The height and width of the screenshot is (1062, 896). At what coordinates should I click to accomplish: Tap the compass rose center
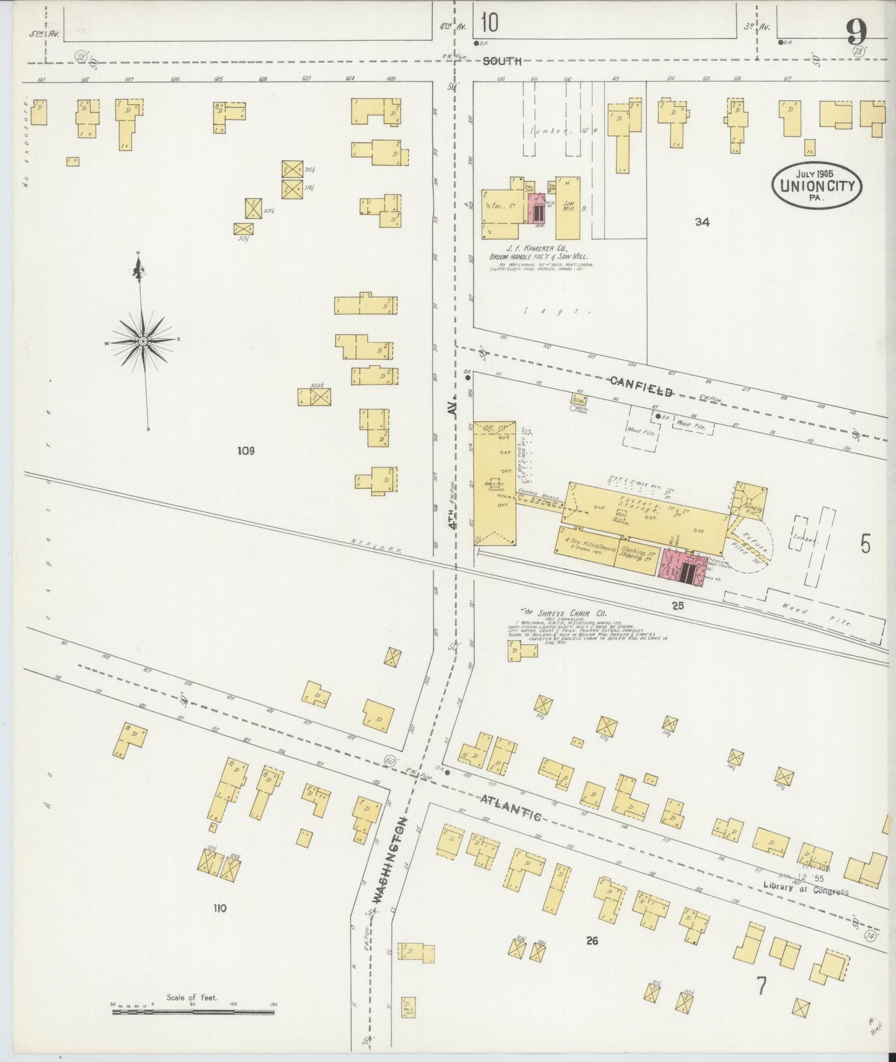(143, 341)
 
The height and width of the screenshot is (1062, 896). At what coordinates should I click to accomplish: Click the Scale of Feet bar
(193, 1012)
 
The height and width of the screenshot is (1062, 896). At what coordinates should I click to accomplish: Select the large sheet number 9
(856, 31)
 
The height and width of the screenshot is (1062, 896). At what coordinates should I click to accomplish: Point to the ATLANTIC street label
(511, 807)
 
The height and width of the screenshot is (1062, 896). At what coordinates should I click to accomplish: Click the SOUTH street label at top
(502, 61)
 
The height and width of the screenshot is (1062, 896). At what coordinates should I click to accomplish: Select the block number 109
(246, 451)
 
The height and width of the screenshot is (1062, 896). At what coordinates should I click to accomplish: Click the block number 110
(220, 908)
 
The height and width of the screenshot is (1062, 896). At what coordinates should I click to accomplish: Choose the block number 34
(702, 222)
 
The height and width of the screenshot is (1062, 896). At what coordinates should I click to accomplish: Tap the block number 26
(592, 941)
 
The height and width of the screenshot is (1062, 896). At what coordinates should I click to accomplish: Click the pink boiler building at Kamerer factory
(537, 209)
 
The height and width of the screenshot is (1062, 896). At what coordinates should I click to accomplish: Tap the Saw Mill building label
(567, 207)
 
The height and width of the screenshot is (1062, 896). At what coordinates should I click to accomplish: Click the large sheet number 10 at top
(489, 23)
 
